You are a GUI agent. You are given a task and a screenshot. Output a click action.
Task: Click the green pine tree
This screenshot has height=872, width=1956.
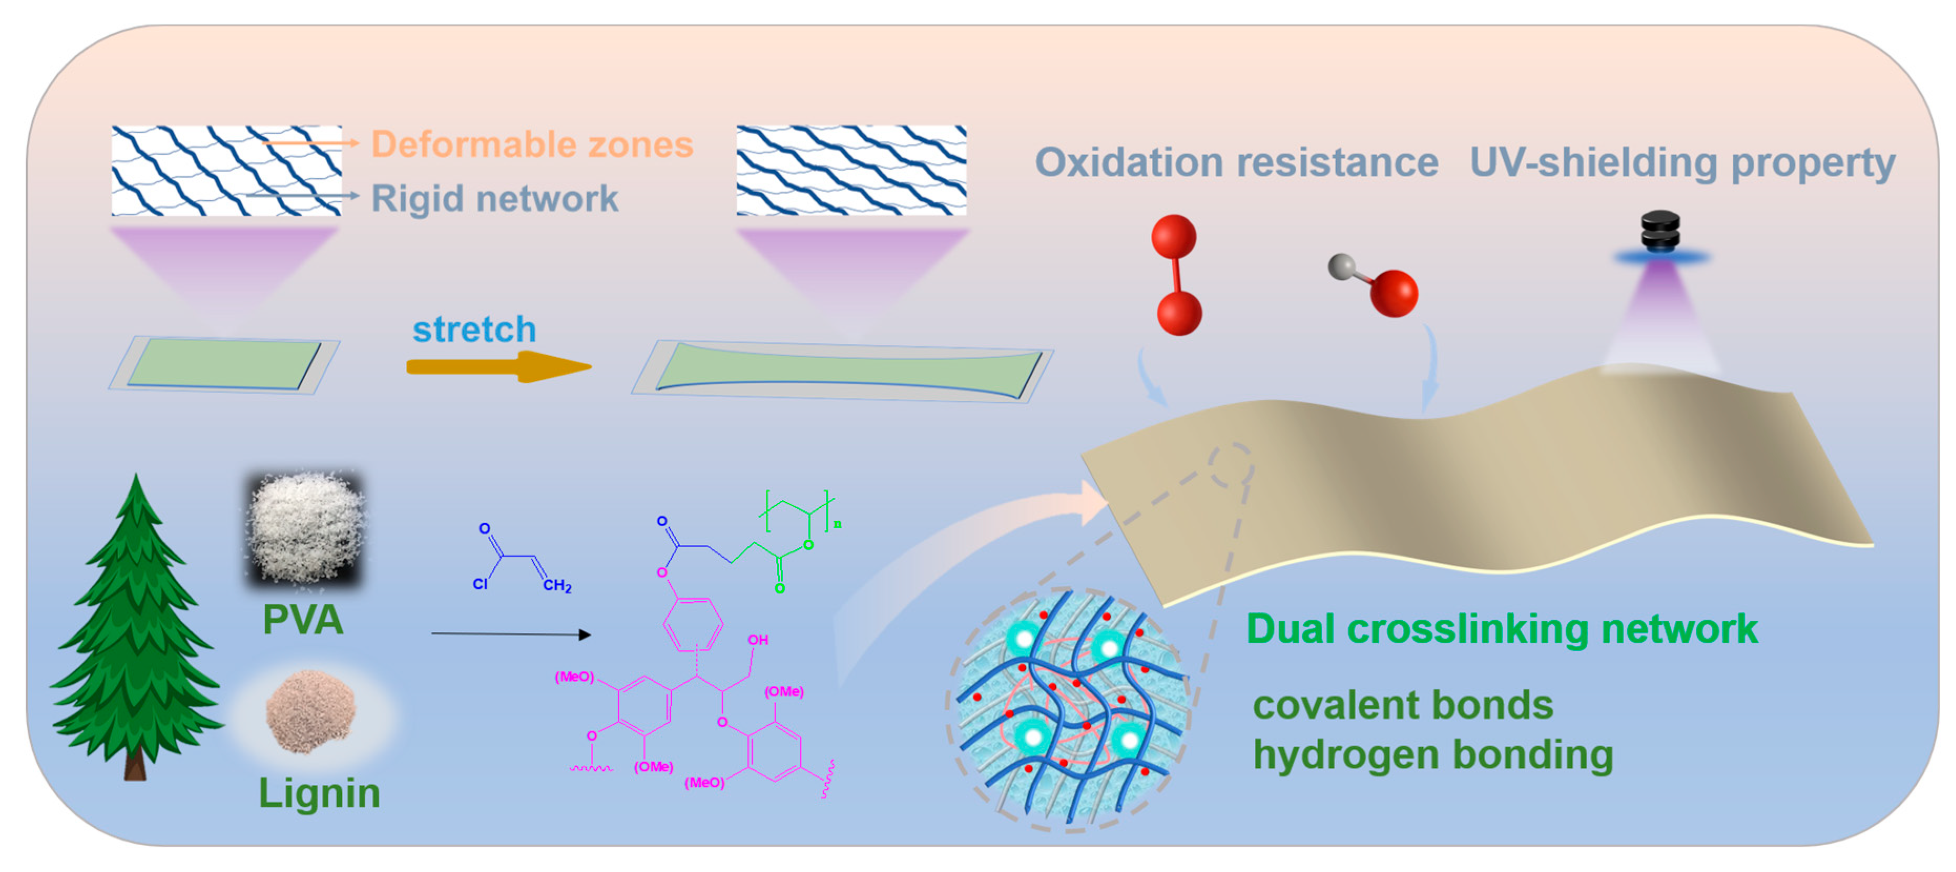coord(137,630)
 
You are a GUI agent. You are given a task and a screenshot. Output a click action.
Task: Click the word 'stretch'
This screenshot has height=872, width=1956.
coord(474,329)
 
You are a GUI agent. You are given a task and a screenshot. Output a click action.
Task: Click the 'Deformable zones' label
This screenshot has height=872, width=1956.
coord(532,145)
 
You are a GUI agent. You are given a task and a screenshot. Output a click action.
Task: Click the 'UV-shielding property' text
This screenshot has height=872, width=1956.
coord(1682,162)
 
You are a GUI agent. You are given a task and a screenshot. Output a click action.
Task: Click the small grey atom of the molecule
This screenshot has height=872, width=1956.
coord(1341,266)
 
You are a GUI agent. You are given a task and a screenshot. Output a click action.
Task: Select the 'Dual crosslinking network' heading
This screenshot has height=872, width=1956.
coord(1501,629)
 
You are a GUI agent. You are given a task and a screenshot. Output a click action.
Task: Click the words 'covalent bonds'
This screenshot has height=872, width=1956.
coord(1402,705)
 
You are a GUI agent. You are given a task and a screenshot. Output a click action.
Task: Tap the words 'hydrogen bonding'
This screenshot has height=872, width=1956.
coord(1432,755)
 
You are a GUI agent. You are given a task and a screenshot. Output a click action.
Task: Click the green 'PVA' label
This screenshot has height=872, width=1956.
coord(303,620)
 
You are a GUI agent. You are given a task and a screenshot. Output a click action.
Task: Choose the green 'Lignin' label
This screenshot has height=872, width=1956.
coord(319,793)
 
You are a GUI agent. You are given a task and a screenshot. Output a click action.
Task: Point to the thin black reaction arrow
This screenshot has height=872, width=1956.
coord(510,633)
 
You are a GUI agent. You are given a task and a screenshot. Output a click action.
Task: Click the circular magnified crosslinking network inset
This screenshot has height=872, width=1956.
coord(1068,708)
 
